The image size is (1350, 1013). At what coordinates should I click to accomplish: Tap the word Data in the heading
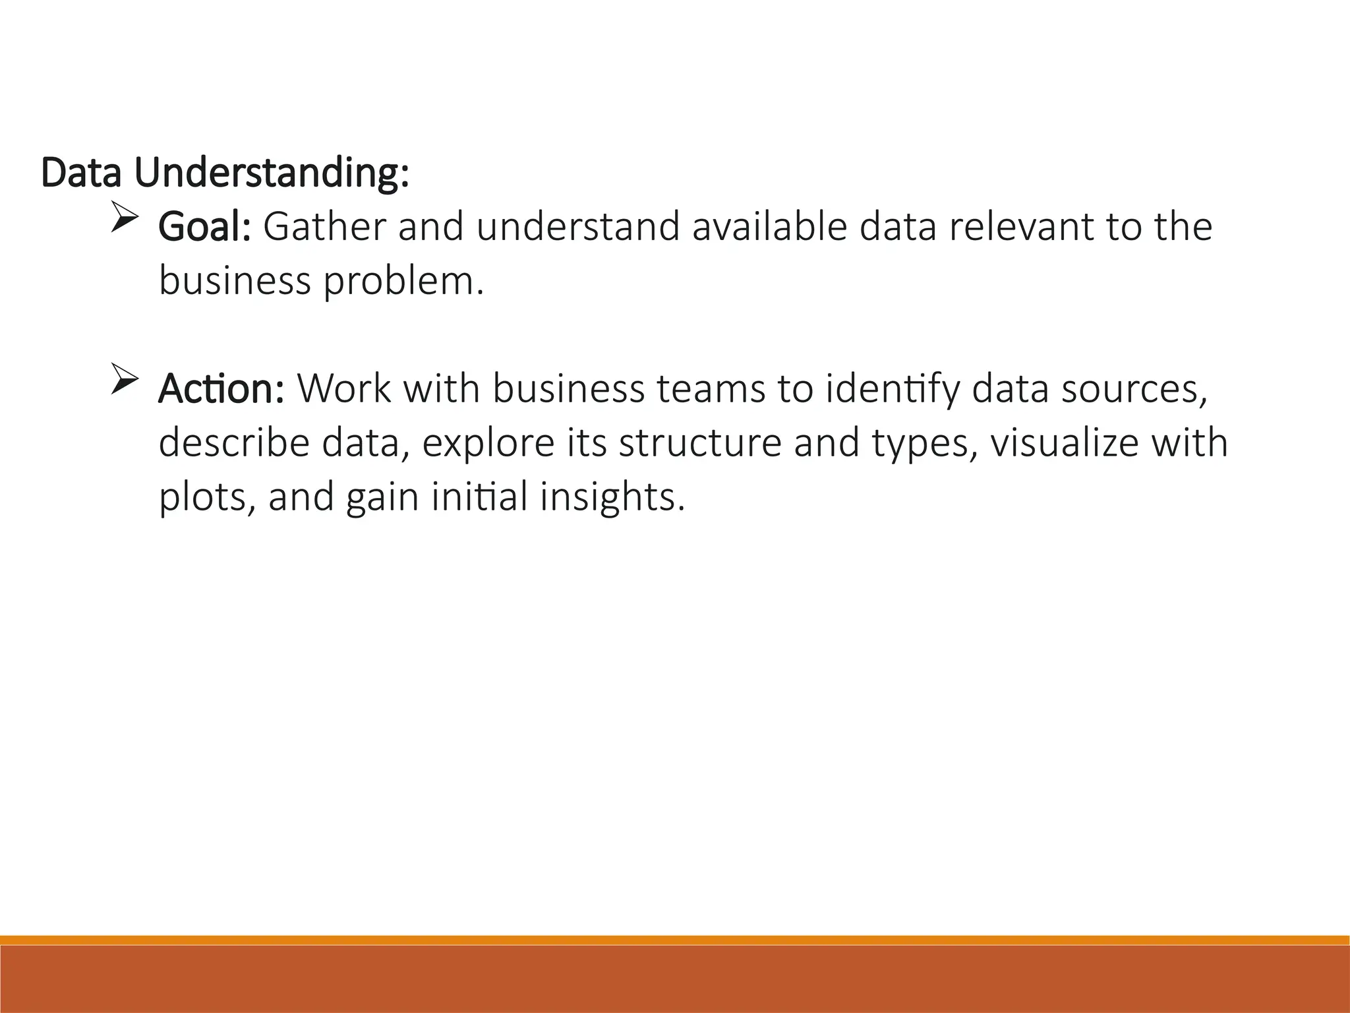pyautogui.click(x=81, y=173)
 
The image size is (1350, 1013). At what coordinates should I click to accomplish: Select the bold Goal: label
pyautogui.click(x=204, y=227)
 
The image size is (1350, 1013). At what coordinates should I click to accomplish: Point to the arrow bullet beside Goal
pyautogui.click(x=124, y=219)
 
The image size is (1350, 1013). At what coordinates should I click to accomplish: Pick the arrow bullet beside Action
pyautogui.click(x=124, y=381)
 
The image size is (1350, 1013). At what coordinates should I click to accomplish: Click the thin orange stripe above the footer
pyautogui.click(x=675, y=940)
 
